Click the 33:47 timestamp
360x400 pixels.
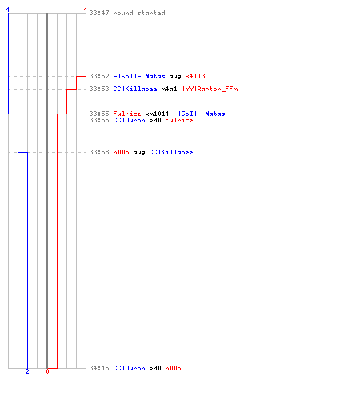(99, 13)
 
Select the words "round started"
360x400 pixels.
(139, 13)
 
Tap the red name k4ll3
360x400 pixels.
(195, 76)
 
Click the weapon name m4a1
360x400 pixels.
(169, 89)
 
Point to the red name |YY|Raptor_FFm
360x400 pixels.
(210, 89)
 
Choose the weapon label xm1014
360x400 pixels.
(157, 114)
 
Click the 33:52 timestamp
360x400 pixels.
(99, 76)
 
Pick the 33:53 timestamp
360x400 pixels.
(99, 89)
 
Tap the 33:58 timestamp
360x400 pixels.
(99, 152)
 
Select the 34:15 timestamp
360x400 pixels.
(99, 368)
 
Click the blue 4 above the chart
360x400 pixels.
(8, 10)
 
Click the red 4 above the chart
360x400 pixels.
(86, 10)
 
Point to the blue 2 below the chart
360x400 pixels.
(27, 371)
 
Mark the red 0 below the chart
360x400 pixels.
(47, 371)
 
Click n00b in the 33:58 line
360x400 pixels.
(121, 152)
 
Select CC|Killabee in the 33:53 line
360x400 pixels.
(135, 89)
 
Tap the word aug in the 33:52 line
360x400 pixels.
(175, 76)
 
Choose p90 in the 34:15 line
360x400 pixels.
(155, 368)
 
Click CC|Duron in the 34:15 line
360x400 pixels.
(129, 368)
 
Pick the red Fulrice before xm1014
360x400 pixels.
(127, 114)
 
